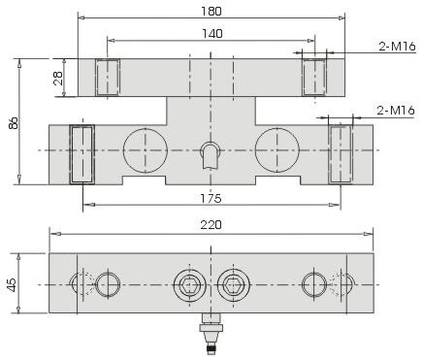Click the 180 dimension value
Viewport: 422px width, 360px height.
click(x=211, y=12)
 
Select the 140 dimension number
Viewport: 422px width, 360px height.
click(x=212, y=34)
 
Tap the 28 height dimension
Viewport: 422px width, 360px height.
click(x=58, y=78)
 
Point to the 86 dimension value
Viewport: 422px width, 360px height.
click(x=14, y=123)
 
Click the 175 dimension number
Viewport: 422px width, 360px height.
click(x=211, y=198)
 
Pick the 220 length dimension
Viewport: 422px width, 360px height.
click(x=211, y=225)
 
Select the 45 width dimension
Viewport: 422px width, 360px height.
click(x=11, y=284)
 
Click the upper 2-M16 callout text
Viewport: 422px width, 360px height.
click(x=397, y=47)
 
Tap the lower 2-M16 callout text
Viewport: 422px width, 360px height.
click(x=396, y=111)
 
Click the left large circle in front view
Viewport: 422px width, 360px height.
click(x=146, y=150)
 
